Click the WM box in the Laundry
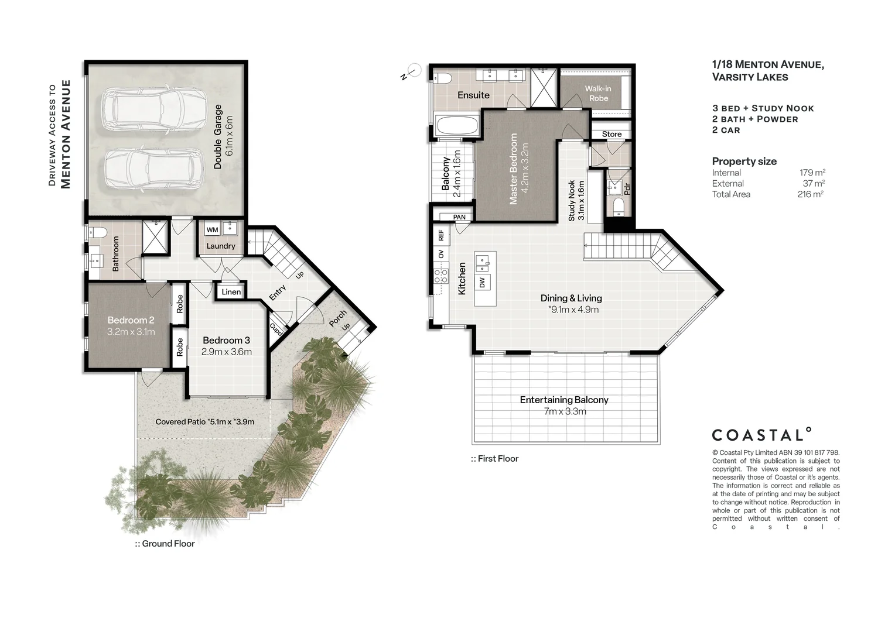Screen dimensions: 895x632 pyautogui.click(x=212, y=229)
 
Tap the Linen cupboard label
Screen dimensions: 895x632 pyautogui.click(x=231, y=292)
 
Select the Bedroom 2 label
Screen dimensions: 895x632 pyautogui.click(x=131, y=320)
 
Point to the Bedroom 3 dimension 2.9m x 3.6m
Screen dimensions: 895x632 pyautogui.click(x=227, y=352)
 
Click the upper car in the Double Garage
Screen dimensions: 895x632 pyautogui.click(x=154, y=109)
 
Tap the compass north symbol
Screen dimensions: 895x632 pyautogui.click(x=411, y=73)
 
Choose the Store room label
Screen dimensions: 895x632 pyautogui.click(x=612, y=134)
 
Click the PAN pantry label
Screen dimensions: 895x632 pyautogui.click(x=459, y=217)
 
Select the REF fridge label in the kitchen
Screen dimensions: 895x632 pyautogui.click(x=441, y=235)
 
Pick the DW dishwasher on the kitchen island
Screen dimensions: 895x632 pyautogui.click(x=482, y=283)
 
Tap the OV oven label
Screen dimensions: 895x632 pyautogui.click(x=441, y=254)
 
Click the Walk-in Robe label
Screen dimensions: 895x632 pyautogui.click(x=598, y=94)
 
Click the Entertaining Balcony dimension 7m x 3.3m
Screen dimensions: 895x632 pyautogui.click(x=565, y=411)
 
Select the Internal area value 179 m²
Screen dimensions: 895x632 pyautogui.click(x=812, y=173)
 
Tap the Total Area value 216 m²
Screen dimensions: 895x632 pyautogui.click(x=811, y=194)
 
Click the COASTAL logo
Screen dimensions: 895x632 pyautogui.click(x=762, y=434)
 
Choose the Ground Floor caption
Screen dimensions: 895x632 pyautogui.click(x=165, y=544)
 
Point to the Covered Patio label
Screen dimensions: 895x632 pyautogui.click(x=205, y=421)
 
